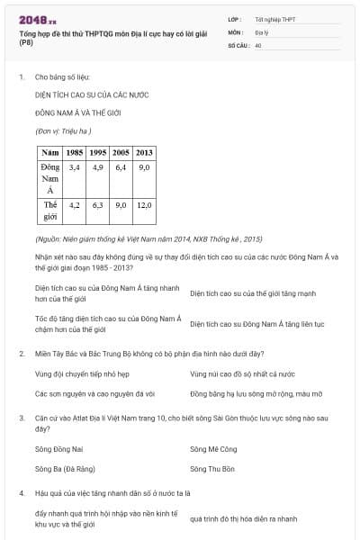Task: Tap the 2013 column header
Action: pos(144,152)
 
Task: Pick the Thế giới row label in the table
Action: pos(49,211)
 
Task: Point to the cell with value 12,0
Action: pos(144,205)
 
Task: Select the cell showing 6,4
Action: pos(121,167)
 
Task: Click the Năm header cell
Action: pos(49,152)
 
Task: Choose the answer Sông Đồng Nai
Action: pos(59,447)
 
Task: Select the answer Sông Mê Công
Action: pos(212,447)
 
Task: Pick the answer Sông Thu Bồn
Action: pos(212,469)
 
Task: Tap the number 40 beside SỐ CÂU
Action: pos(258,44)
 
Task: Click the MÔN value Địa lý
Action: pos(261,31)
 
